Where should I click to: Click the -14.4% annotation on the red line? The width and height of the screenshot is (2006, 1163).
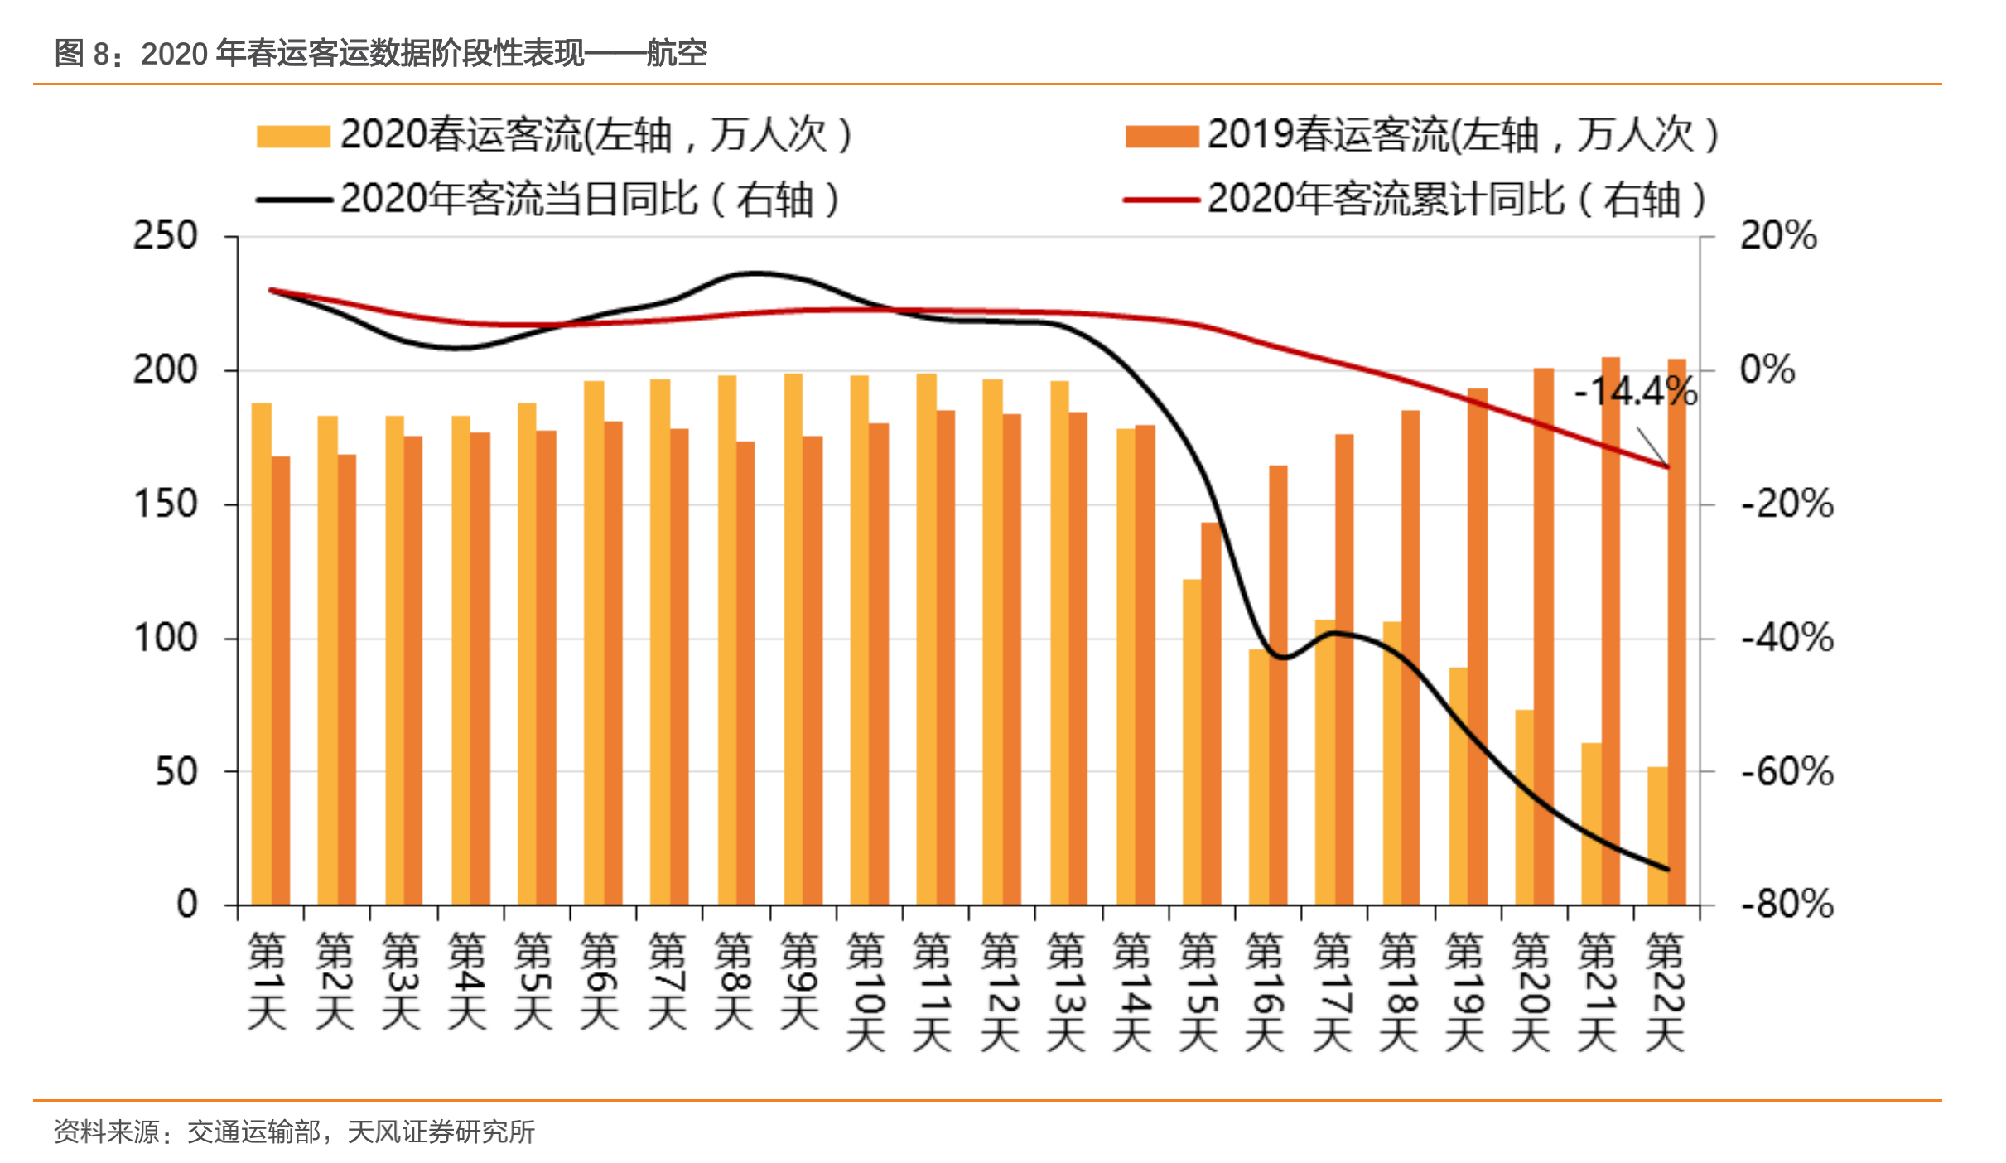pos(1634,391)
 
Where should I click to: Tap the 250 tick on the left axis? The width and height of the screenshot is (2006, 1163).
pos(166,236)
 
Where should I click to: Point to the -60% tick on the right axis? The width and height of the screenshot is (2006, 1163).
pos(1787,772)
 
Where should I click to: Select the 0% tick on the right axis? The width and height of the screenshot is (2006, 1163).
pos(1767,369)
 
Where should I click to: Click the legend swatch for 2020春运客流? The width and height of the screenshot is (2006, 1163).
pos(293,136)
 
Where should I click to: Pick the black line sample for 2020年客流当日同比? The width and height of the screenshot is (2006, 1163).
pos(294,200)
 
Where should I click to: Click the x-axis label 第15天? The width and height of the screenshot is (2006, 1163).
pos(1198,991)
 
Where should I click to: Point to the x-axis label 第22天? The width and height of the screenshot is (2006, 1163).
pos(1665,991)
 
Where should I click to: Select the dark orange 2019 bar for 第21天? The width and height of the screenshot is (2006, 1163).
pos(1610,630)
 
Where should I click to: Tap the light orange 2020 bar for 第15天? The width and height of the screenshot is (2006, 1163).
pos(1191,741)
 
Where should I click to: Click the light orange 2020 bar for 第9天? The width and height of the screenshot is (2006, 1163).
pos(793,638)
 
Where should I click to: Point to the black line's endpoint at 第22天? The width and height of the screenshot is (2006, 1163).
pos(1667,869)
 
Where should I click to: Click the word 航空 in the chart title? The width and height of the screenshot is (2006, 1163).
pos(677,54)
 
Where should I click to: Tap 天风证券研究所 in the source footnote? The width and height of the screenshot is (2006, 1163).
pos(441,1132)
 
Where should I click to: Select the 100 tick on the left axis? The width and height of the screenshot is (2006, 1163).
pos(166,638)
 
